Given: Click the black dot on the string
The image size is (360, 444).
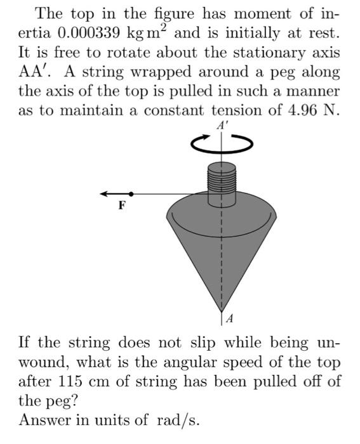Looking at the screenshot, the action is tap(131, 193).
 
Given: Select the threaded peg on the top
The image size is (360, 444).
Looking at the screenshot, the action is tap(222, 180).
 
